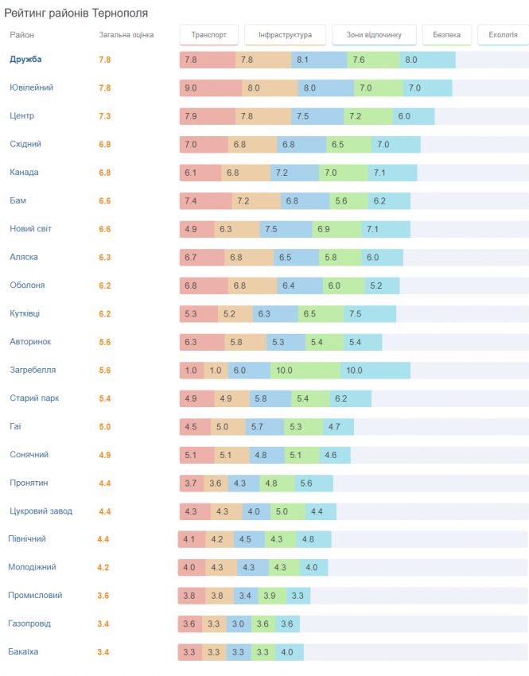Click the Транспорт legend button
209,35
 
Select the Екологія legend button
503,35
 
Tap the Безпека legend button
447,35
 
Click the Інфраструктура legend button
284,35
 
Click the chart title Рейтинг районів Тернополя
76,14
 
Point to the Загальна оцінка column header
126,35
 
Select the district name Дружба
25,60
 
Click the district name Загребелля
33,370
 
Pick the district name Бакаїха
23,652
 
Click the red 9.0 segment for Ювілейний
210,88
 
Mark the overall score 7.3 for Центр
104,116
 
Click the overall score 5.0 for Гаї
104,427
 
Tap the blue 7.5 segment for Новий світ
286,229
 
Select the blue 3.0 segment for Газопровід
238,624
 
